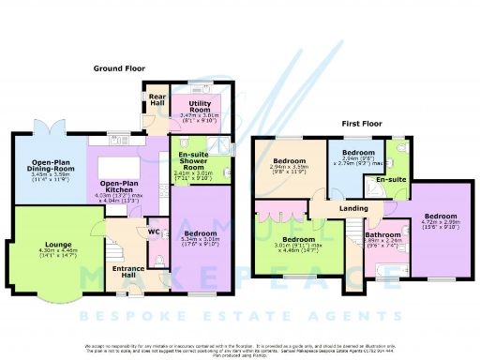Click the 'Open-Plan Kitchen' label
[x=121, y=187]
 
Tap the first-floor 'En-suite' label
[x=389, y=177]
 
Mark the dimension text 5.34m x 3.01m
[x=199, y=238]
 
